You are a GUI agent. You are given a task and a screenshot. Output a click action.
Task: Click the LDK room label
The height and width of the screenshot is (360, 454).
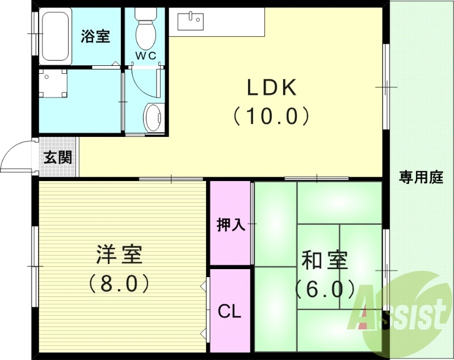(271, 88)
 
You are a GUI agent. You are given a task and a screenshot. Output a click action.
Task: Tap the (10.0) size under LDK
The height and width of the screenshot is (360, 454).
(271, 116)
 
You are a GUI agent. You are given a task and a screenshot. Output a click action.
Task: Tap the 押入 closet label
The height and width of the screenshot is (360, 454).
(230, 225)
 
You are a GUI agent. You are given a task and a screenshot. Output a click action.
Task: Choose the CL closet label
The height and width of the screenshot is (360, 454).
(230, 311)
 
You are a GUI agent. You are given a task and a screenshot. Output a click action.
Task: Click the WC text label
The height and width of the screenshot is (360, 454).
(145, 56)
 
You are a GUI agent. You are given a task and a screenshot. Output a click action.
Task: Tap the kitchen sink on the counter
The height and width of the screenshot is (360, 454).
(190, 21)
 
